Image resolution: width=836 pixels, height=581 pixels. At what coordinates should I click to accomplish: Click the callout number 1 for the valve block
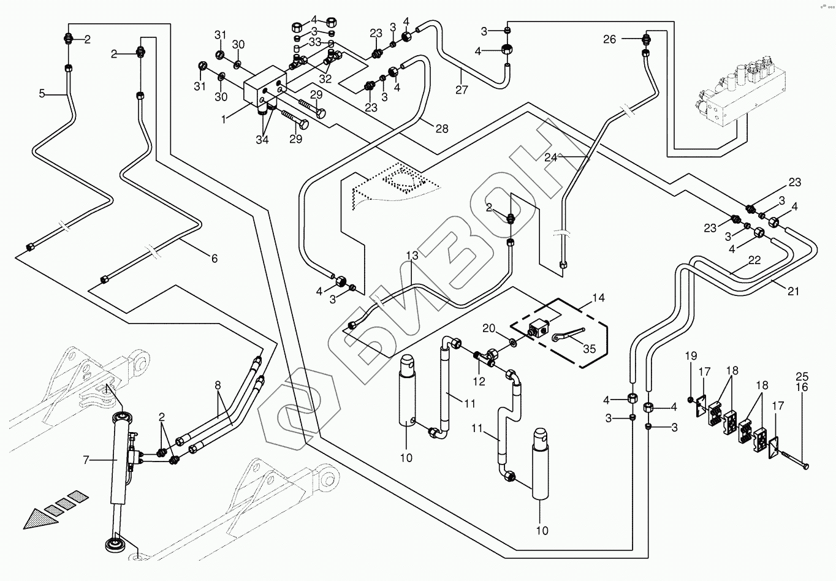(x=224, y=120)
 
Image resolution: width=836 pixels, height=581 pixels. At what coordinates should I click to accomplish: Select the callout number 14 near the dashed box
(x=598, y=298)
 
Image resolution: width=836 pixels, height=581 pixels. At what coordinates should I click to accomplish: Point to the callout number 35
(x=589, y=349)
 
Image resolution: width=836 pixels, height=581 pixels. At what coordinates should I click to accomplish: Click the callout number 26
(x=609, y=40)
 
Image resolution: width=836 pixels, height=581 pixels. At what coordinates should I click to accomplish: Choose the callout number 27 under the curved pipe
(x=462, y=90)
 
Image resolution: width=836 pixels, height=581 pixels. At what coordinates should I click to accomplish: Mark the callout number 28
(x=441, y=129)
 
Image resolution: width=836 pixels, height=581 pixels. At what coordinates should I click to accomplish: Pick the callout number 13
(x=411, y=255)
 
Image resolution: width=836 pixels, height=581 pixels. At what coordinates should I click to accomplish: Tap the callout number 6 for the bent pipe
(x=214, y=259)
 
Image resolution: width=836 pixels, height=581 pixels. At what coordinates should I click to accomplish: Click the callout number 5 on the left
(x=42, y=94)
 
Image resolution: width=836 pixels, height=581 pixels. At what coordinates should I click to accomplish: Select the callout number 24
(x=550, y=157)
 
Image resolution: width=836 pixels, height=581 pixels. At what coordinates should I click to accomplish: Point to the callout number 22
(x=754, y=260)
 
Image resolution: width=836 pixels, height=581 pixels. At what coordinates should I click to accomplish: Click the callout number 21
(x=793, y=292)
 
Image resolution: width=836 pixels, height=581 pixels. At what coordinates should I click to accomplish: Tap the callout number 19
(x=691, y=356)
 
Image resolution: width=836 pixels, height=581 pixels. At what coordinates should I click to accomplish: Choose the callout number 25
(x=802, y=376)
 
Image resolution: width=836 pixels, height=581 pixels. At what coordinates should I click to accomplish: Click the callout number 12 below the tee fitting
(x=479, y=381)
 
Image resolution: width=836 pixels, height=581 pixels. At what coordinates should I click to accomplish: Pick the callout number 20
(x=488, y=328)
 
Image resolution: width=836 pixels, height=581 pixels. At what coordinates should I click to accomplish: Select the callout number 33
(x=315, y=42)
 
